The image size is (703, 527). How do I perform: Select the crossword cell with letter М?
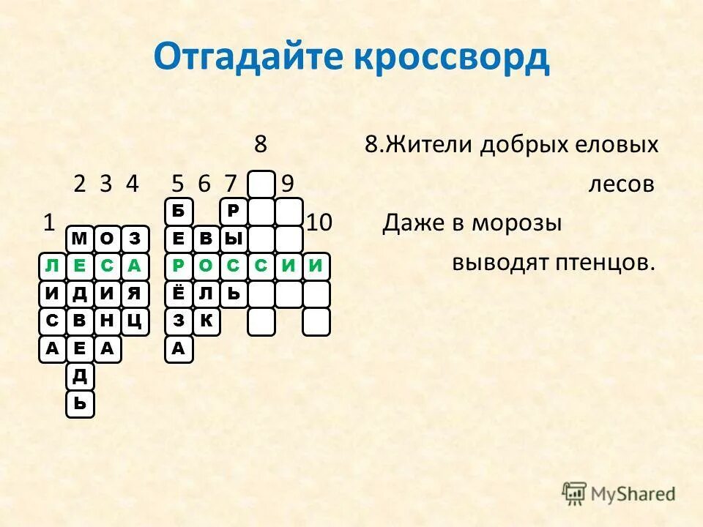point(80,239)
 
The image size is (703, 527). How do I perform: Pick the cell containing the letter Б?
point(178,212)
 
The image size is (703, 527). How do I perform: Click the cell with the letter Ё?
point(178,294)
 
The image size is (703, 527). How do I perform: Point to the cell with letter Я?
point(134,294)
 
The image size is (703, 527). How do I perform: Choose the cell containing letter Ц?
point(134,321)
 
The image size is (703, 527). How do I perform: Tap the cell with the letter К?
point(207,321)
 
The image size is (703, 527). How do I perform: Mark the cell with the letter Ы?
point(234,239)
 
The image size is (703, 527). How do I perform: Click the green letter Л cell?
point(51,266)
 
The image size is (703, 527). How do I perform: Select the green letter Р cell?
point(178,266)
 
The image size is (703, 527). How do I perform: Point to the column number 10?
point(319,223)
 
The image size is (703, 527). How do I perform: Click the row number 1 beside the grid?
point(50,223)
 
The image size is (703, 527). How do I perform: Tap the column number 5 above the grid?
point(178,184)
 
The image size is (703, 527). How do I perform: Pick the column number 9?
point(288,184)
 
